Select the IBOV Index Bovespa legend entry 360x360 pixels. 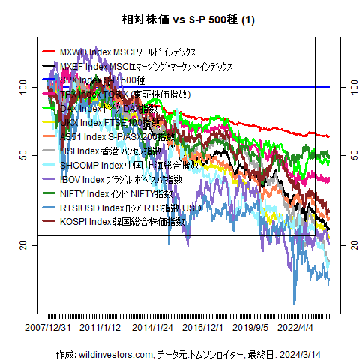[120, 179]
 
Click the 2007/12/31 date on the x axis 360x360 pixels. [48, 327]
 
